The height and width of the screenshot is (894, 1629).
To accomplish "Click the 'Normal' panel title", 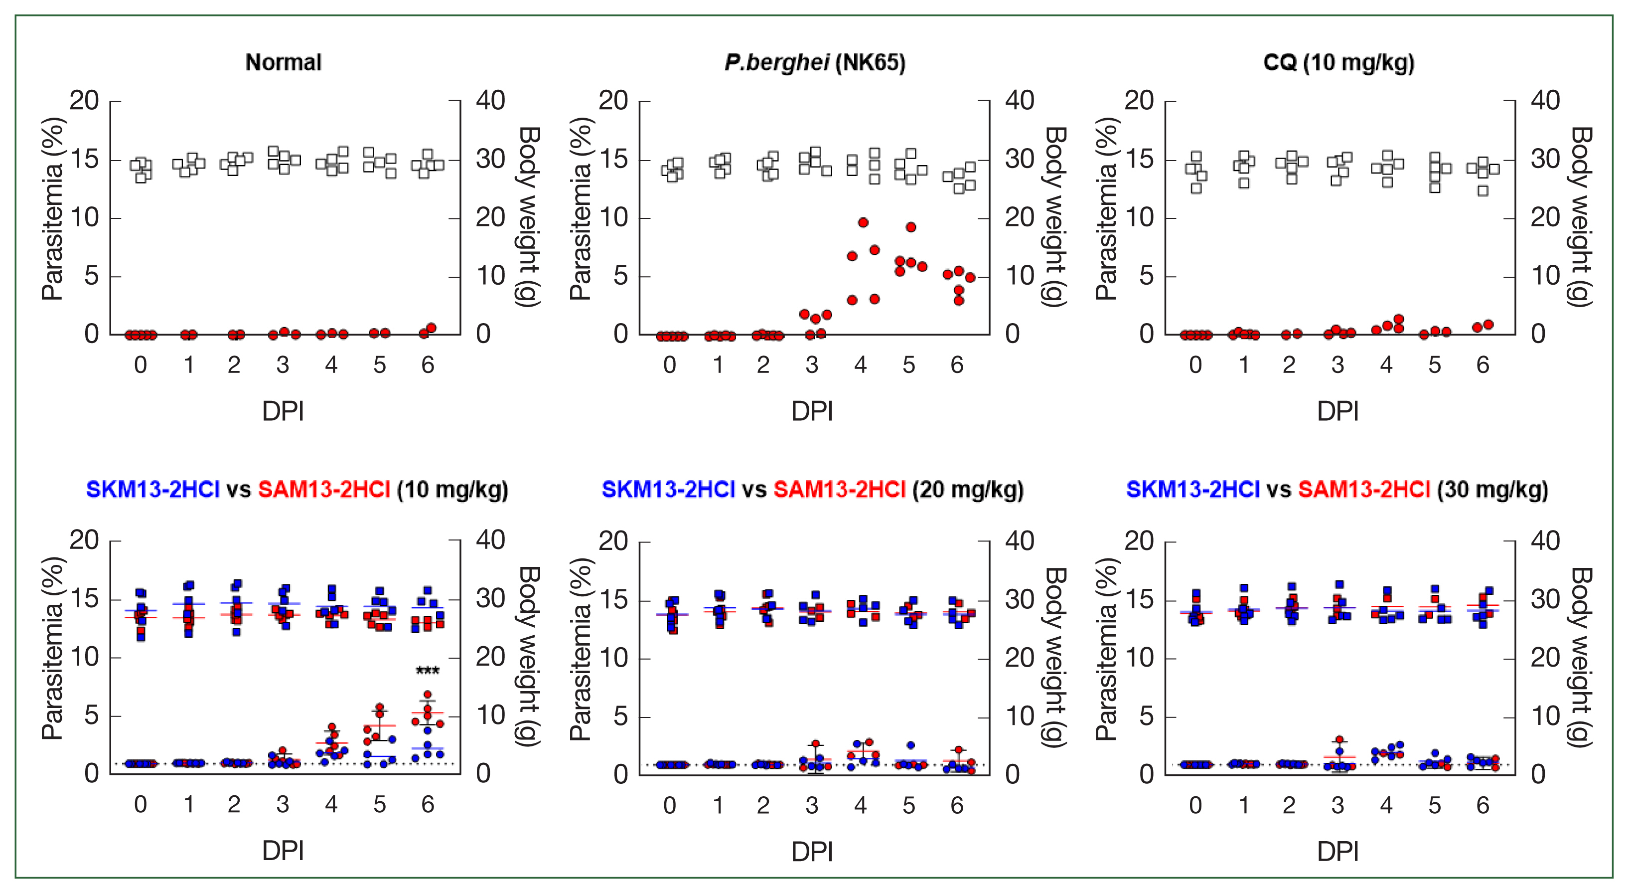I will [x=284, y=63].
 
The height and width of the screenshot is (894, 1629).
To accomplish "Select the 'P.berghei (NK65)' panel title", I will [x=814, y=63].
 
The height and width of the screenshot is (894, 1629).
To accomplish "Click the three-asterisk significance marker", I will [x=428, y=671].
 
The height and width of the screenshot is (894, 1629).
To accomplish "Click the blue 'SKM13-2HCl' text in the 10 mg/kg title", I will [x=152, y=490].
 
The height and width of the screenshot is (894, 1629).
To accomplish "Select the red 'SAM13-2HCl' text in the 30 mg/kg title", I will [x=1364, y=490].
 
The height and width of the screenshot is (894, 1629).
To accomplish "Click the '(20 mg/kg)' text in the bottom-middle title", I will [x=968, y=490].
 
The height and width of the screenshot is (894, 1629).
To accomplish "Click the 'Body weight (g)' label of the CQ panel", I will [x=1581, y=217].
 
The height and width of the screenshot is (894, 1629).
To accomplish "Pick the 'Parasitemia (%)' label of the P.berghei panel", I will [x=580, y=209].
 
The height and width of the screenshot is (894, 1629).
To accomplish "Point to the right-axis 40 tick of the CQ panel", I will [x=1545, y=101].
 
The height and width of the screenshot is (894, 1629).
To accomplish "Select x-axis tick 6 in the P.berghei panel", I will [x=957, y=365].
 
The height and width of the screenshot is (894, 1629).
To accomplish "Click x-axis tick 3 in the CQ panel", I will [x=1337, y=365].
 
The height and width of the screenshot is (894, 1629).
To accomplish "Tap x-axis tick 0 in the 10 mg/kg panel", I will [x=141, y=805].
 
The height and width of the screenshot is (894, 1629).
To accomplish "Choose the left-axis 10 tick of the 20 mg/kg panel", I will [x=613, y=659].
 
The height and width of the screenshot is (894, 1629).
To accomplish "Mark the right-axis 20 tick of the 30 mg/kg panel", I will [x=1545, y=659].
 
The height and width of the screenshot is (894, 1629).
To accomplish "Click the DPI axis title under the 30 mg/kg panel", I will [x=1337, y=852].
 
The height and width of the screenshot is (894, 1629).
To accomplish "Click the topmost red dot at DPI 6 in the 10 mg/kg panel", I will [x=428, y=695].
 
